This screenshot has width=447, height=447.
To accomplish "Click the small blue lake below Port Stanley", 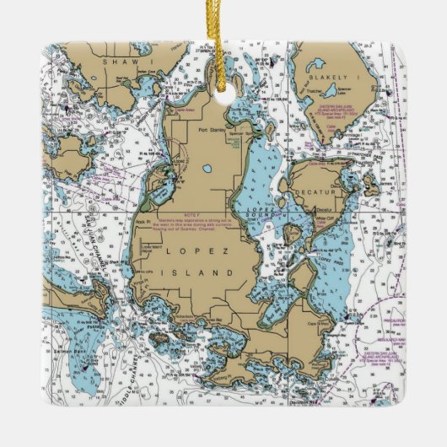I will coord(207,169).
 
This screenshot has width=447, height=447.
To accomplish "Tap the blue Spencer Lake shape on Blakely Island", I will coord(320,67).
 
